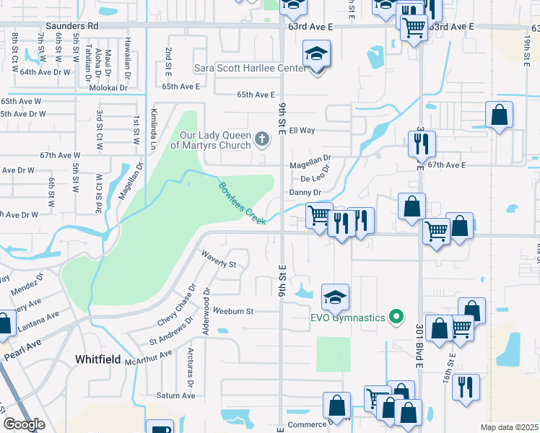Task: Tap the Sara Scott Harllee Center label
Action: tap(249, 69)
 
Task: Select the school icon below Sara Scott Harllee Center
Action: tap(316, 56)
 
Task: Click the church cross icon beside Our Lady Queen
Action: tap(262, 136)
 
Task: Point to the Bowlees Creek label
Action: tap(243, 202)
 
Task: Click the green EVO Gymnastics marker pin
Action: tap(395, 316)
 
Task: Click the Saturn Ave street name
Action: tap(176, 395)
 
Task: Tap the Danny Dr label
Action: tap(305, 192)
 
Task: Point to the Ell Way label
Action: tap(302, 131)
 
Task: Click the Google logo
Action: tap(24, 424)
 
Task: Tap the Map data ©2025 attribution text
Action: tap(508, 427)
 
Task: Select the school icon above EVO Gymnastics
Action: tap(335, 297)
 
